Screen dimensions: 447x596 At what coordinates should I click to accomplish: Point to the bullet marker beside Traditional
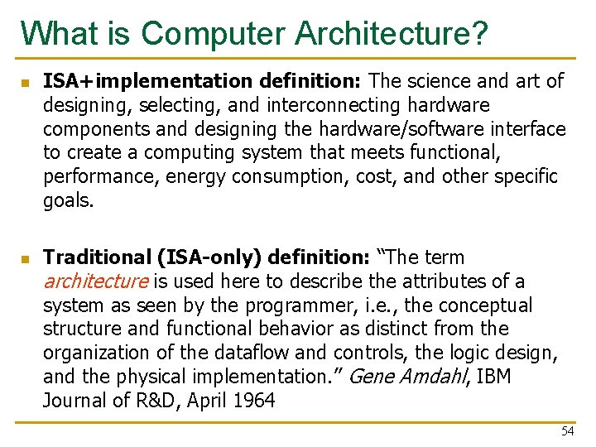pyautogui.click(x=26, y=260)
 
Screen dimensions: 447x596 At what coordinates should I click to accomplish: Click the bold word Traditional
pyautogui.click(x=97, y=257)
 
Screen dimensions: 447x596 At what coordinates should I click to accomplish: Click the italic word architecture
pyautogui.click(x=94, y=281)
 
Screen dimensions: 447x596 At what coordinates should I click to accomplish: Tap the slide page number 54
pyautogui.click(x=567, y=431)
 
